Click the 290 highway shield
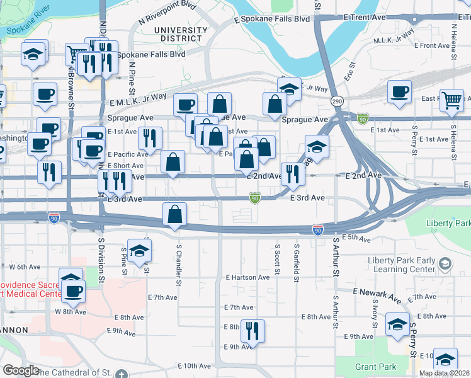(x=338, y=101)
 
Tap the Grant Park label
(x=375, y=367)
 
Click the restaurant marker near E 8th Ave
(x=253, y=329)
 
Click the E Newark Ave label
(x=377, y=293)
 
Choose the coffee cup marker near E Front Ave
(x=399, y=92)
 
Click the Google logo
(x=21, y=370)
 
